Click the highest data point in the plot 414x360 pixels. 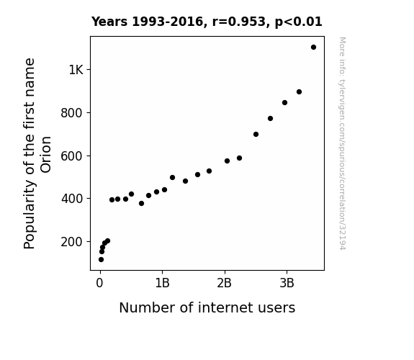313,48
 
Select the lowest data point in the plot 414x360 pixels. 101,260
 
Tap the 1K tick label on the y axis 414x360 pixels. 76,70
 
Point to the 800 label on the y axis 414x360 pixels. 72,113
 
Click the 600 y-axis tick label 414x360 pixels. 72,156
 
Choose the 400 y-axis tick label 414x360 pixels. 72,199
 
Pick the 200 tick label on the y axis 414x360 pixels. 72,242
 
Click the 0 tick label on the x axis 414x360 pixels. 99,284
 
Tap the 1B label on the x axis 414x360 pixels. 162,284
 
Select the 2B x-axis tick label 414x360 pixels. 225,284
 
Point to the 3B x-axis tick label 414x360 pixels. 287,284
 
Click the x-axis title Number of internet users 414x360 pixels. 207,307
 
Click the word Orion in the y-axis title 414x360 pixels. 46,155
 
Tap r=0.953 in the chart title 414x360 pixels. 239,22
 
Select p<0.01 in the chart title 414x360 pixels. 298,22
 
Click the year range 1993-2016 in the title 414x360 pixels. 167,22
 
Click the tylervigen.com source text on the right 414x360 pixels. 342,143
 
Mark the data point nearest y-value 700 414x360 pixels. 256,135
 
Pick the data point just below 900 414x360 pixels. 299,92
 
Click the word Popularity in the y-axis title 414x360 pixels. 30,215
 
